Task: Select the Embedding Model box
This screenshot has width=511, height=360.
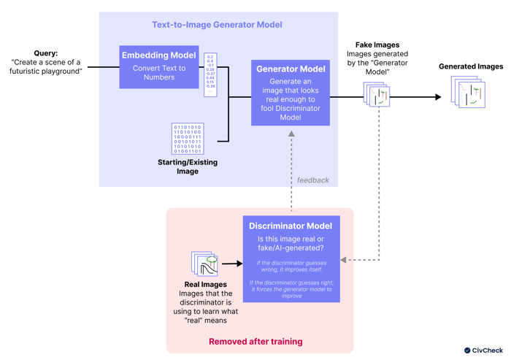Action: (x=158, y=66)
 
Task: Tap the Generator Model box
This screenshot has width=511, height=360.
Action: (x=291, y=92)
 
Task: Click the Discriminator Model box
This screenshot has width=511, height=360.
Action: (x=291, y=259)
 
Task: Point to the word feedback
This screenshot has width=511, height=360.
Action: (x=312, y=180)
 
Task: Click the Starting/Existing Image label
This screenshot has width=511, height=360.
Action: (x=188, y=166)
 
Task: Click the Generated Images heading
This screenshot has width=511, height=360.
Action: (x=470, y=66)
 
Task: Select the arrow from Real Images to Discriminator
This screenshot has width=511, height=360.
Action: (x=231, y=264)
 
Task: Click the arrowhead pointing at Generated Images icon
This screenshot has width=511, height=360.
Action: (x=438, y=96)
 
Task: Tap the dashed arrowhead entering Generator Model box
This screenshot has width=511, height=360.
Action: (x=291, y=134)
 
